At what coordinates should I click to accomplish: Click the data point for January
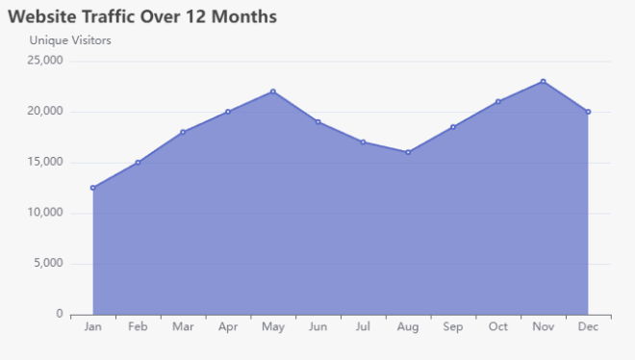point(93,188)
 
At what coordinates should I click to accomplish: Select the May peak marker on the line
point(273,91)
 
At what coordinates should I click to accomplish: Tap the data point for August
point(408,152)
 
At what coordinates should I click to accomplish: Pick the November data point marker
point(543,82)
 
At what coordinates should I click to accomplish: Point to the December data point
point(588,112)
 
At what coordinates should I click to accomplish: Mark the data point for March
point(183,132)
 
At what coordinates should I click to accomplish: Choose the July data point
point(363,142)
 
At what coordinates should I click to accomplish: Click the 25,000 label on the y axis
point(44,61)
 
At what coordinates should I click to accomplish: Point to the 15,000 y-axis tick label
point(44,162)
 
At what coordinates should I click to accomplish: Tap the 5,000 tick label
point(47,263)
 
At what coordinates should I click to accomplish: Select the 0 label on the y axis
point(60,314)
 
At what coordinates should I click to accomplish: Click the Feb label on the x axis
point(138,328)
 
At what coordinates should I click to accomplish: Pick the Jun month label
point(317,328)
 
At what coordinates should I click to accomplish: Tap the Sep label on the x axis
point(453,328)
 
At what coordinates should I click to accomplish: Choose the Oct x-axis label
point(497,328)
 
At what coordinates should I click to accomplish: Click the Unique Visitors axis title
point(70,40)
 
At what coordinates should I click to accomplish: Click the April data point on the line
point(228,112)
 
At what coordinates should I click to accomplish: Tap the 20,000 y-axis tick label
point(44,112)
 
